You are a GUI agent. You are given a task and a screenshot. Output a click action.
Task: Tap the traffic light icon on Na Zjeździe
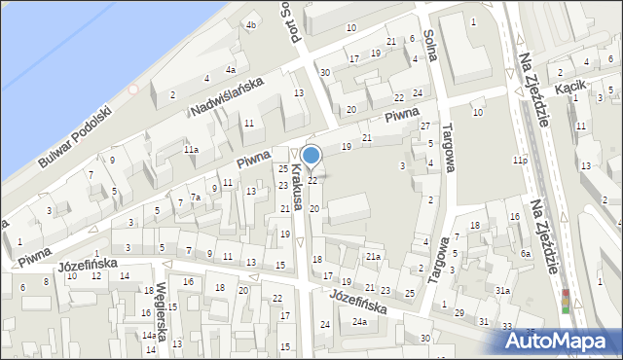coord(566,302)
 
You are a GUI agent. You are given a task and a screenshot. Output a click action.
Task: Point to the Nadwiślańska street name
coord(227,96)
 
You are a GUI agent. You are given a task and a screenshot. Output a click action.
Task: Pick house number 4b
coord(251,25)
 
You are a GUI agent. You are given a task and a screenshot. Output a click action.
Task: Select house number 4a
coord(231,70)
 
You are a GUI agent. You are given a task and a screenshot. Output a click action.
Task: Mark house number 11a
coord(192,149)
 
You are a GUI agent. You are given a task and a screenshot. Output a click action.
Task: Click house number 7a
coord(195,198)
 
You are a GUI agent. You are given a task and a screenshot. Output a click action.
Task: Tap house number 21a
coord(372,256)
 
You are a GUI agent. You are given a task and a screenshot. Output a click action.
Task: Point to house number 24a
coord(359,322)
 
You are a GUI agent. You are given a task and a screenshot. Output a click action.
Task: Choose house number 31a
coord(502,291)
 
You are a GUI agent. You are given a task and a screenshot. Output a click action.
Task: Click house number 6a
coord(526,253)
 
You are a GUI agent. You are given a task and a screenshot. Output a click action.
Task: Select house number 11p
coord(520,161)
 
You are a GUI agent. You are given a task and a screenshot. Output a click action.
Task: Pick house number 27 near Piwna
coord(424,126)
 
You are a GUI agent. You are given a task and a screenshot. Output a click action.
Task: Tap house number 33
coord(506,326)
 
